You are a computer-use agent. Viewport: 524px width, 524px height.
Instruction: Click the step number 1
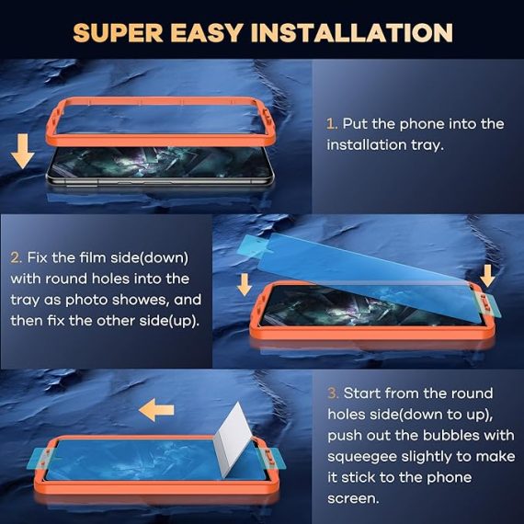(x=332, y=124)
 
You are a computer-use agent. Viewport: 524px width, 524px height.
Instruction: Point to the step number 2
(x=16, y=257)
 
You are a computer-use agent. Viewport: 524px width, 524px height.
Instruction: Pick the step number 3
(x=333, y=393)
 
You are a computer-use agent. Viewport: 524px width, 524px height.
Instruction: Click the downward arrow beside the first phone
(x=22, y=151)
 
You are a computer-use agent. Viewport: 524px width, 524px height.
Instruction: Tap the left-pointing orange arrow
(x=156, y=410)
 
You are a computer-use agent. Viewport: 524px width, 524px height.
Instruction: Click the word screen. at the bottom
(x=354, y=498)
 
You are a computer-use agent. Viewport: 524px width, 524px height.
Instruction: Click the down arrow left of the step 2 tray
(x=245, y=284)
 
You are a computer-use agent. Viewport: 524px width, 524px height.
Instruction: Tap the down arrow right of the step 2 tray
(x=487, y=276)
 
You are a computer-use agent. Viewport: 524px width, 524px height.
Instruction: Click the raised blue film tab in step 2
(x=254, y=245)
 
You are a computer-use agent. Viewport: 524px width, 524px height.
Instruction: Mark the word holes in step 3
(x=345, y=415)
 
